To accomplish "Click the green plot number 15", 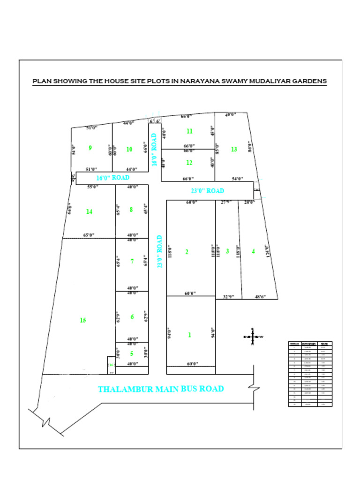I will (x=83, y=320).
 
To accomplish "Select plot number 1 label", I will (x=189, y=335).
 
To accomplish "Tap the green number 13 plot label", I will (x=234, y=149).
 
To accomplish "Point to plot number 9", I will (x=90, y=148).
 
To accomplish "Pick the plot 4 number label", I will (x=254, y=251).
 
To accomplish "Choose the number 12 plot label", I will (x=189, y=163).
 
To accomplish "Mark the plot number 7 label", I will (x=132, y=262).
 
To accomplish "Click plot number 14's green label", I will (x=89, y=212).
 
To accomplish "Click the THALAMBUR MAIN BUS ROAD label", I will (x=160, y=389).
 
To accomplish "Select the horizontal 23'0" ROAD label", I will (x=208, y=191).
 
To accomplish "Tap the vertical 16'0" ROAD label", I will (x=154, y=149).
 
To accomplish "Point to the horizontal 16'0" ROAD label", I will (x=112, y=178).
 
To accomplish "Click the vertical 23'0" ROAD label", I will (x=160, y=251).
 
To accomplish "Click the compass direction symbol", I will (x=252, y=337).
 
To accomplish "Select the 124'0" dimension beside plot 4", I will (x=268, y=251).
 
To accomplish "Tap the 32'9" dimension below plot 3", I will (x=228, y=297).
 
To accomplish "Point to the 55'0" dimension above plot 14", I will (x=92, y=187).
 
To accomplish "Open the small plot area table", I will (x=310, y=374).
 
